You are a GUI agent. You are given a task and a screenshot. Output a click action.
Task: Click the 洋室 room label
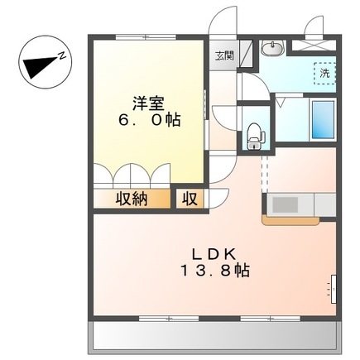point(148,103)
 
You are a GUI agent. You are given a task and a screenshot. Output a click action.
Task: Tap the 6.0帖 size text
point(149,120)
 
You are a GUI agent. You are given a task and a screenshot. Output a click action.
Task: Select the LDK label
point(214,254)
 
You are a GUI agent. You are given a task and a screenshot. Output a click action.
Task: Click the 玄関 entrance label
point(224,55)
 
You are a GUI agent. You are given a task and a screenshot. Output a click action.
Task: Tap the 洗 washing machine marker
point(324,73)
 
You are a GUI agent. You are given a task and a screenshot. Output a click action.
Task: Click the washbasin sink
point(272,48)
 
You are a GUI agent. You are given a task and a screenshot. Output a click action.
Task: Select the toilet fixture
point(256,136)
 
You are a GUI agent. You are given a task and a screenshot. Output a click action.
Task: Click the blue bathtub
point(323,120)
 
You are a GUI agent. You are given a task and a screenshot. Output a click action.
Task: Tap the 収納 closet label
point(132,199)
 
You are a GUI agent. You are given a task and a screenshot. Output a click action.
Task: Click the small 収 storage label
point(190,199)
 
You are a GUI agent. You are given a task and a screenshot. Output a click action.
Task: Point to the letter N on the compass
point(62,55)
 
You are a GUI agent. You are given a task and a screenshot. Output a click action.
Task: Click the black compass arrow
point(39,67)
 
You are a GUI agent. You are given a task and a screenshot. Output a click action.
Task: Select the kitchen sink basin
point(286,204)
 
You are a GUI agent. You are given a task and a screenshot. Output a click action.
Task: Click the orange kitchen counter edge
point(290,221)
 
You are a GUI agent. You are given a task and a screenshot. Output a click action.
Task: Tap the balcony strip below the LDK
point(214,336)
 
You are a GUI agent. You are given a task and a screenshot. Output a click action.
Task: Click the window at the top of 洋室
point(146,37)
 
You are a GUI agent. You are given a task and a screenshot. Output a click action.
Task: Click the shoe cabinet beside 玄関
point(246,54)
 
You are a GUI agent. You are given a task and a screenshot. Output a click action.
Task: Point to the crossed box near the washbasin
point(314,46)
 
